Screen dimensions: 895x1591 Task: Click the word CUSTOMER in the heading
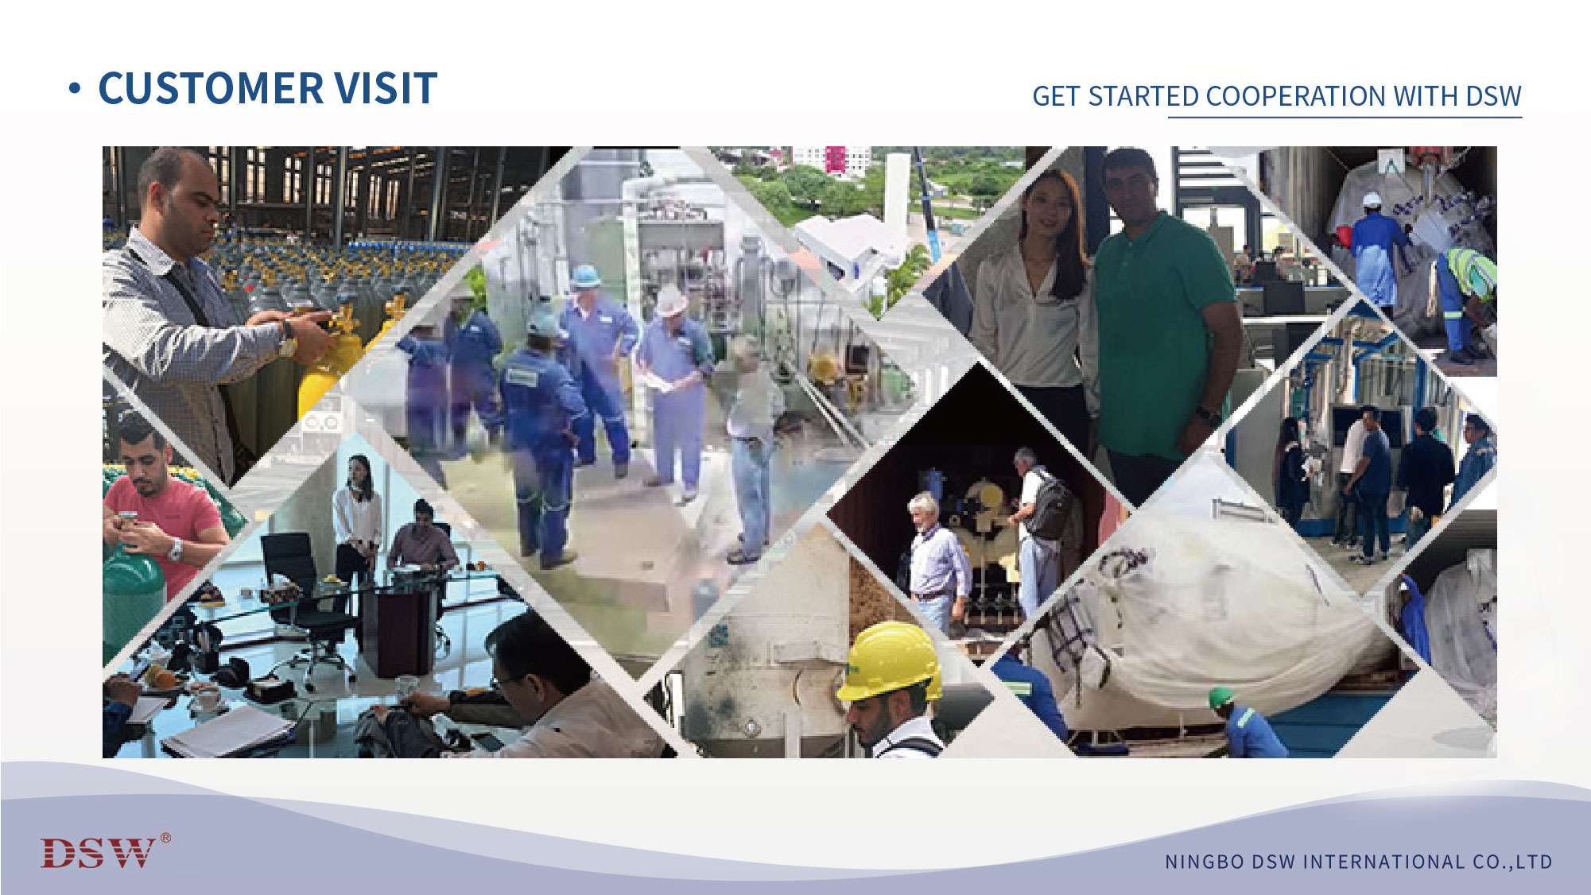(211, 88)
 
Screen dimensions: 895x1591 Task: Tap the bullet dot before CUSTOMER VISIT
(75, 89)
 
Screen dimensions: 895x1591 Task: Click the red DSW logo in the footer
(98, 853)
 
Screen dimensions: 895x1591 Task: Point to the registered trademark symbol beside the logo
(165, 837)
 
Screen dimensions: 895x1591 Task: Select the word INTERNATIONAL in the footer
(1383, 862)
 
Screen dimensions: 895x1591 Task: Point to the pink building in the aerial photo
(835, 159)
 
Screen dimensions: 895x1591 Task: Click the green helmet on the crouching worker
(1219, 697)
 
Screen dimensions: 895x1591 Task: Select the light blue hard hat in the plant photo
(585, 275)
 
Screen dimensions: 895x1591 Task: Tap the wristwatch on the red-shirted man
(175, 549)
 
